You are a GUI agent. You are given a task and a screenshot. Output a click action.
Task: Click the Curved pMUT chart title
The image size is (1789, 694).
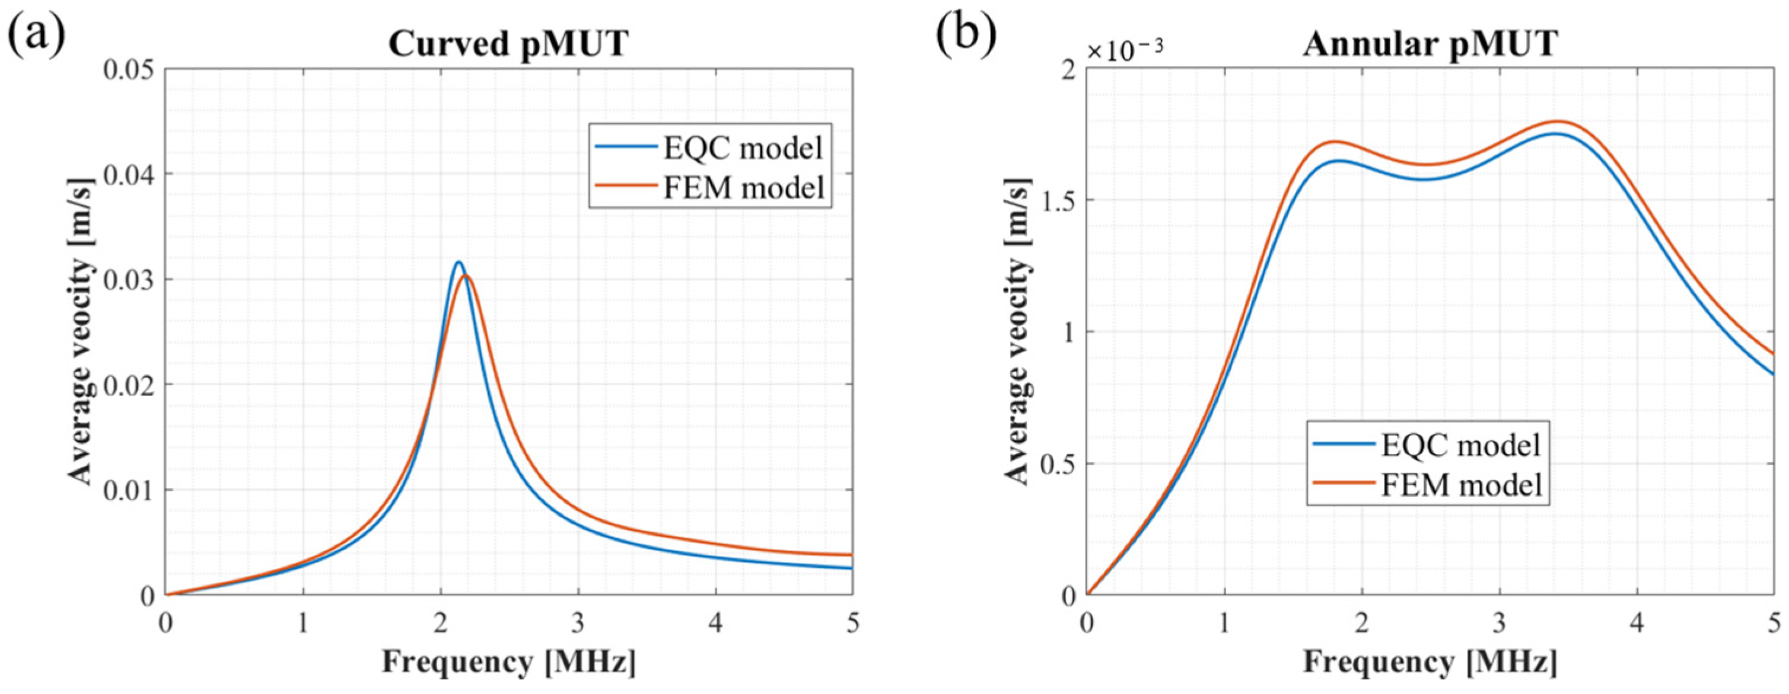508,44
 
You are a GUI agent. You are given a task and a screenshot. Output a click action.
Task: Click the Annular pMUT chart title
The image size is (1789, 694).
1430,44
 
